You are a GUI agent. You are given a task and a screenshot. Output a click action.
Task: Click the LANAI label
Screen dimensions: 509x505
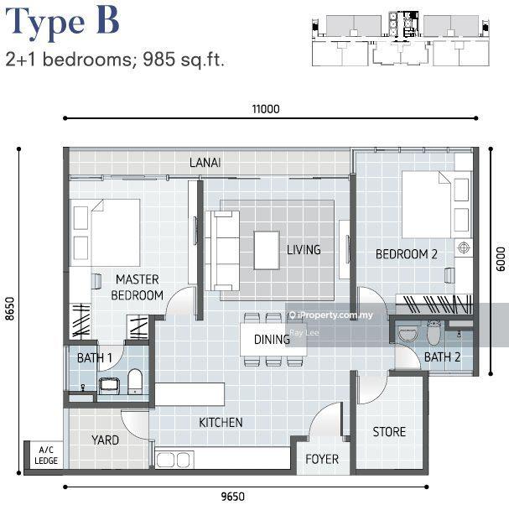pyautogui.click(x=205, y=163)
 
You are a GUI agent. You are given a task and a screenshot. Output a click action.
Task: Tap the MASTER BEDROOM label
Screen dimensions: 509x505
pyautogui.click(x=137, y=288)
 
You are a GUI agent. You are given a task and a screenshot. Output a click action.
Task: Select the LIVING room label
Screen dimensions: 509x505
pyautogui.click(x=304, y=249)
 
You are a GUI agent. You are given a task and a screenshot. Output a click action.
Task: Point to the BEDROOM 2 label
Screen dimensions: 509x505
pyautogui.click(x=406, y=254)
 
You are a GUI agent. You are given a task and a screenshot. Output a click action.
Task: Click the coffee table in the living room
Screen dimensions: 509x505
pyautogui.click(x=267, y=250)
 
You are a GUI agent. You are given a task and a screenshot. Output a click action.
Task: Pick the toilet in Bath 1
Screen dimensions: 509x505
pyautogui.click(x=135, y=382)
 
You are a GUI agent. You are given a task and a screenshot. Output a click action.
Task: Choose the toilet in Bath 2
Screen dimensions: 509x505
pyautogui.click(x=434, y=332)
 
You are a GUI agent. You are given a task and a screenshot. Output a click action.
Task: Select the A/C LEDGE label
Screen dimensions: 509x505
pyautogui.click(x=46, y=456)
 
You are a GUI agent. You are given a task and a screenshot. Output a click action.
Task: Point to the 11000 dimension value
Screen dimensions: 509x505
pyautogui.click(x=266, y=109)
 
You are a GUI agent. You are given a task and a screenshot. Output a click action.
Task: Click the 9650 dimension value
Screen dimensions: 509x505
pyautogui.click(x=233, y=497)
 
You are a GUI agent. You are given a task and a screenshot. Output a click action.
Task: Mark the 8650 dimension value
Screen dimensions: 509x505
pyautogui.click(x=10, y=309)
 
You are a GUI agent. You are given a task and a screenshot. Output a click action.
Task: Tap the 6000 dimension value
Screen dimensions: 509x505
pyautogui.click(x=501, y=259)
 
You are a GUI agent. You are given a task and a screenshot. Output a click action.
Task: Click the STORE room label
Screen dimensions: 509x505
pyautogui.click(x=389, y=432)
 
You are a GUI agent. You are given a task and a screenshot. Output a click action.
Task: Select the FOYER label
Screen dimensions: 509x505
pyautogui.click(x=322, y=459)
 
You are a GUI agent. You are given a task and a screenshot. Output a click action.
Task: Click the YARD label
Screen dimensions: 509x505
pyautogui.click(x=105, y=440)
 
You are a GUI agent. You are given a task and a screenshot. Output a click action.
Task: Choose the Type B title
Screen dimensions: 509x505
pyautogui.click(x=62, y=22)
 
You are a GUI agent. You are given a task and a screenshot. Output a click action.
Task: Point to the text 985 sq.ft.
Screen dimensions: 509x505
pyautogui.click(x=184, y=60)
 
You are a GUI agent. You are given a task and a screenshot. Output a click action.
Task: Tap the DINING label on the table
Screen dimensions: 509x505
pyautogui.click(x=272, y=340)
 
